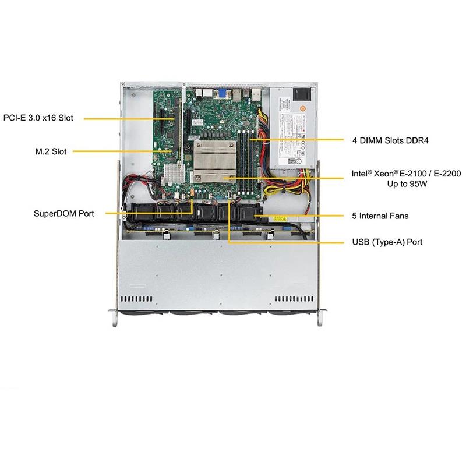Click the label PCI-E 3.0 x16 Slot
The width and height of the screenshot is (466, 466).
(x=38, y=118)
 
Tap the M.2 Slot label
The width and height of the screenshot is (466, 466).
(x=51, y=151)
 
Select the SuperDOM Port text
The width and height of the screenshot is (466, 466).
(x=64, y=213)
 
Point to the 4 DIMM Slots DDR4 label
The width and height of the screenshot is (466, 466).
(x=390, y=140)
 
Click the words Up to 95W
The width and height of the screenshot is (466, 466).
(x=407, y=183)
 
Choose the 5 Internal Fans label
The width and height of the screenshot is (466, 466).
(x=380, y=216)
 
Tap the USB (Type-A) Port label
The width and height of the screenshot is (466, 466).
(x=387, y=242)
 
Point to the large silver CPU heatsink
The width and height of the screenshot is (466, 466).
(x=215, y=161)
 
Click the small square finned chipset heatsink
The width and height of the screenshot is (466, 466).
(x=174, y=173)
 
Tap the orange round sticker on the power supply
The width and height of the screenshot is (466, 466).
(x=303, y=109)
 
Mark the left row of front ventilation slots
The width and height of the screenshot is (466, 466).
(x=137, y=299)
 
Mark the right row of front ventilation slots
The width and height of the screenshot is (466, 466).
(x=294, y=299)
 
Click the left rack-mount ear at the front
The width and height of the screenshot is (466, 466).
(x=114, y=318)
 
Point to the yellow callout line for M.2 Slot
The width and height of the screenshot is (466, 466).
(x=122, y=151)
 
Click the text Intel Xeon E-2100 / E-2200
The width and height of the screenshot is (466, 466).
(x=406, y=173)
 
